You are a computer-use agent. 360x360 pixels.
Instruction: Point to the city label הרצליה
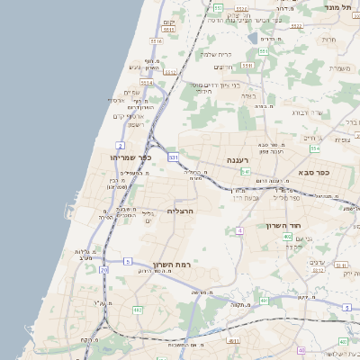point(181,211)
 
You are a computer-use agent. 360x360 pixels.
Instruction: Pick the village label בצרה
point(248,95)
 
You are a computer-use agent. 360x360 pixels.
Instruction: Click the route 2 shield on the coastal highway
point(120,144)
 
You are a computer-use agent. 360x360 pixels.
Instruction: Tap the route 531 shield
point(173,157)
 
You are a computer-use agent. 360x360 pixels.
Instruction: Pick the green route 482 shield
point(138,310)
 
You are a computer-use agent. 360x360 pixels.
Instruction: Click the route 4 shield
point(240,231)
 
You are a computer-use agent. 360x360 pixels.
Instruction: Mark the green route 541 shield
point(246,171)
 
